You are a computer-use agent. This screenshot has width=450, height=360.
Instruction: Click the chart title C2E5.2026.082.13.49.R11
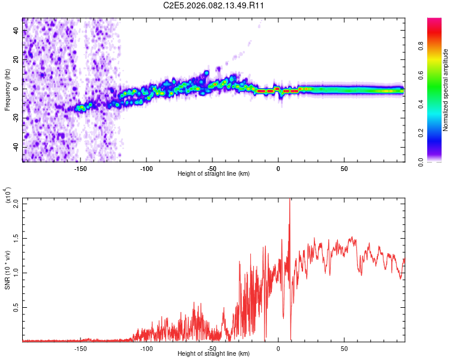(214, 6)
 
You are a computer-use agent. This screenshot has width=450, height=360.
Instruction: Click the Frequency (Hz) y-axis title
(7, 90)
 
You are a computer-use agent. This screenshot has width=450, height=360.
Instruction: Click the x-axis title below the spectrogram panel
(214, 173)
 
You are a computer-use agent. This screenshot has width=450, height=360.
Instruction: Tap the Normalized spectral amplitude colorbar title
(445, 90)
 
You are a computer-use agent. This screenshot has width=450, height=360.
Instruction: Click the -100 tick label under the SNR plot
(146, 348)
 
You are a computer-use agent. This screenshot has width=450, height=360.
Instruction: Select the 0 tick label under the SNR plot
(278, 348)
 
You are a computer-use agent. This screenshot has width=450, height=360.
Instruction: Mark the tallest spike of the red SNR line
(290, 200)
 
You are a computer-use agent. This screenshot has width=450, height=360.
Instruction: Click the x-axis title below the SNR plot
(214, 354)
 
